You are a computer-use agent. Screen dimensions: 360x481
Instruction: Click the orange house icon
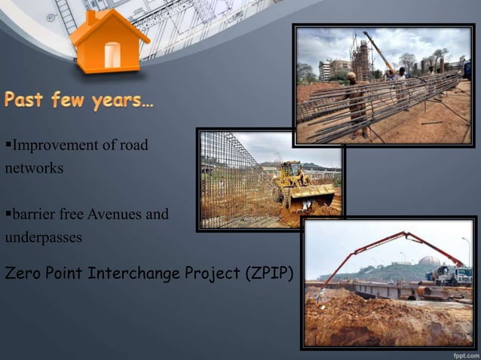click(x=109, y=43)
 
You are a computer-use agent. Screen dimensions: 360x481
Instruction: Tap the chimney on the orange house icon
click(x=91, y=17)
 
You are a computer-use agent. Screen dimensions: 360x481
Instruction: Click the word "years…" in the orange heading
click(x=123, y=101)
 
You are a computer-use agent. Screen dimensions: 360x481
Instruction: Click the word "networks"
click(x=34, y=168)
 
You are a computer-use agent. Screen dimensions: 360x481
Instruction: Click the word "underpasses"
click(x=43, y=237)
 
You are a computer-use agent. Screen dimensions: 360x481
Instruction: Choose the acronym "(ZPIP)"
click(x=268, y=273)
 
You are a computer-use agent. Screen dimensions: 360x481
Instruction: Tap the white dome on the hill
click(x=430, y=262)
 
